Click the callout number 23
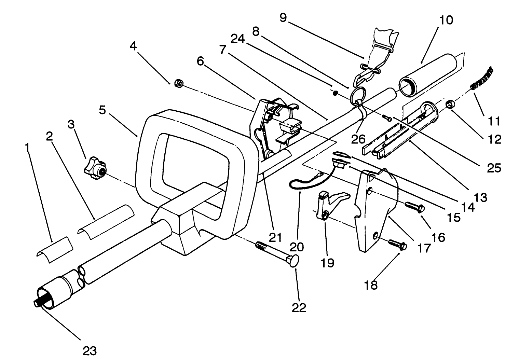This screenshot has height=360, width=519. point(90,350)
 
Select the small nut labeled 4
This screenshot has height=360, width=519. point(178,83)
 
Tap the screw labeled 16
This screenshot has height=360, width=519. point(414,207)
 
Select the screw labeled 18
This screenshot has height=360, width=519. point(397,245)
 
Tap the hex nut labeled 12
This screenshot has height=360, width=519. point(451,103)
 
